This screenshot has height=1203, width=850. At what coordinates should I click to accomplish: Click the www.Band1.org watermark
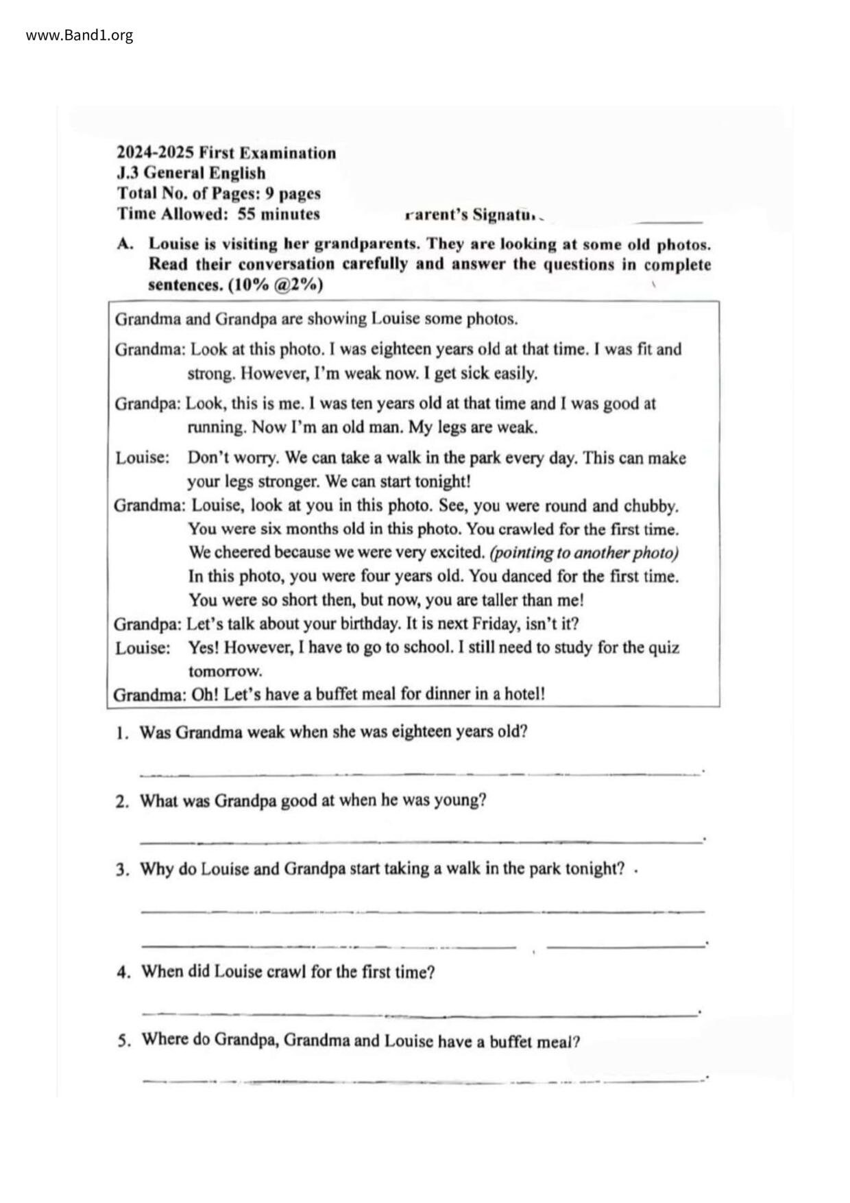[x=80, y=35]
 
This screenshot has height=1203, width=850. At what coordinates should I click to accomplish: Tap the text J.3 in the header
[x=127, y=173]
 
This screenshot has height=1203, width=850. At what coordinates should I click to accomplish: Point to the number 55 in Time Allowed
[x=247, y=214]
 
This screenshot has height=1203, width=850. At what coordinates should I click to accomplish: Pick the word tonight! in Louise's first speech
[x=442, y=481]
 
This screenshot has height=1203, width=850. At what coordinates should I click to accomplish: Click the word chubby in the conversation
[x=650, y=506]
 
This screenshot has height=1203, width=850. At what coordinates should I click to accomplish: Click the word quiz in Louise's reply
[x=663, y=647]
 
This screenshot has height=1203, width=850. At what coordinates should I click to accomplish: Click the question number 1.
[x=122, y=732]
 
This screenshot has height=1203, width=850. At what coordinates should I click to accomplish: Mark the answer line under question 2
[x=421, y=841]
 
